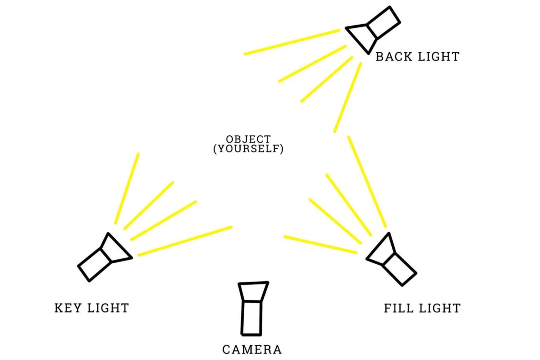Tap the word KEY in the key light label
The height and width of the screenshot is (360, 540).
tap(68, 308)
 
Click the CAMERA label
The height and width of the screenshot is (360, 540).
tap(252, 350)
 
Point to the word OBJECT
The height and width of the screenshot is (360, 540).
tap(249, 139)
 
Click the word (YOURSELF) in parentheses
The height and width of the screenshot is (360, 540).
tap(249, 148)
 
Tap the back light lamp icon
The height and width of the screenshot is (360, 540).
tap(373, 30)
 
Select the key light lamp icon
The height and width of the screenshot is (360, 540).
tap(105, 257)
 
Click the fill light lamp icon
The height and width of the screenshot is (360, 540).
tap(392, 259)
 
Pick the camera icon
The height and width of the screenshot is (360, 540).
tap(253, 309)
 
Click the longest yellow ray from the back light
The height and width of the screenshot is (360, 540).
tap(292, 42)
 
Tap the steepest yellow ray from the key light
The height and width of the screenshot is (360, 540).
tap(127, 188)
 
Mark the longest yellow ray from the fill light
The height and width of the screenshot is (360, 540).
tap(367, 181)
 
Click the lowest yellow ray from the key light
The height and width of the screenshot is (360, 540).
tap(185, 241)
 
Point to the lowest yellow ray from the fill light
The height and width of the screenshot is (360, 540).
tap(320, 244)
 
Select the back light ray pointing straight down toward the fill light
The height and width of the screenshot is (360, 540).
tap(348, 97)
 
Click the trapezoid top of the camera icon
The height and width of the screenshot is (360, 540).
tap(253, 291)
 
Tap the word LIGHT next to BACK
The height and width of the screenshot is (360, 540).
tap(438, 57)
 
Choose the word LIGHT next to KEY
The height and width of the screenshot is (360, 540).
tap(108, 308)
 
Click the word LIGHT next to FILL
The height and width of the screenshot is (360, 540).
tap(440, 308)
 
